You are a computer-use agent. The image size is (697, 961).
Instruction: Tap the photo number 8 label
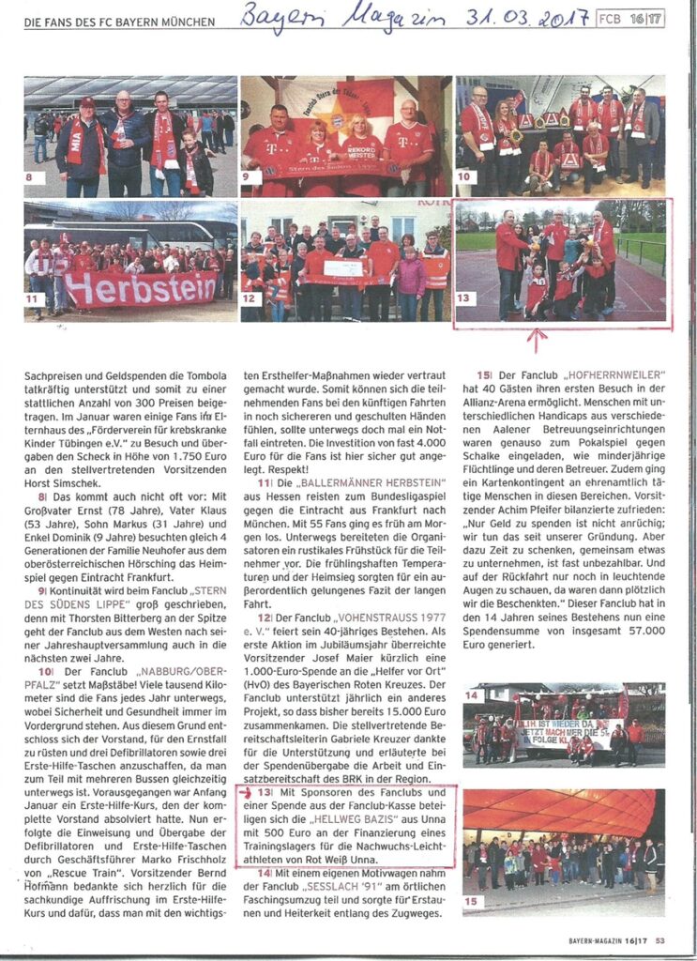pyautogui.click(x=34, y=178)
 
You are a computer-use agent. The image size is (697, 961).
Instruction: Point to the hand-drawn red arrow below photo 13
pyautogui.click(x=537, y=338)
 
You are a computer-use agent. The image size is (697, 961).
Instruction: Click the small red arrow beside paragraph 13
pyautogui.click(x=247, y=792)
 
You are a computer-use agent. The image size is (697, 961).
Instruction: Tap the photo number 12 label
pyautogui.click(x=250, y=299)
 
